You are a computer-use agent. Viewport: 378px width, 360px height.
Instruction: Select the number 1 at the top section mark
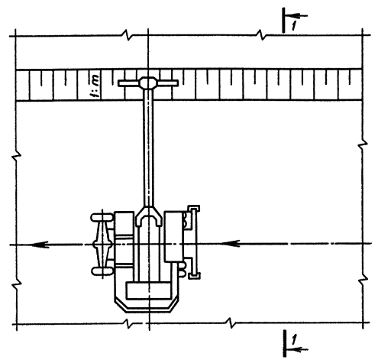tap(294, 26)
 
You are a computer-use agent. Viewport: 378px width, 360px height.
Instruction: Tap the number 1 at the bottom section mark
tap(294, 340)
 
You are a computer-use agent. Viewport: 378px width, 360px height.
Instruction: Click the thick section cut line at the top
tap(283, 20)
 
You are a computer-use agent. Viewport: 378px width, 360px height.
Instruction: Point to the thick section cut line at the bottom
tap(285, 343)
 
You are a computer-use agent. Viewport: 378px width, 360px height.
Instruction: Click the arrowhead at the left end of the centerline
tap(40, 245)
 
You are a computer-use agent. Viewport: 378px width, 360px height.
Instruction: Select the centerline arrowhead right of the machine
tap(231, 244)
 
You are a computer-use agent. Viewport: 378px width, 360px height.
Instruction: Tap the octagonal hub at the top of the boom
tap(147, 83)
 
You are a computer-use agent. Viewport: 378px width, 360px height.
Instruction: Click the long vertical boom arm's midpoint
tap(148, 148)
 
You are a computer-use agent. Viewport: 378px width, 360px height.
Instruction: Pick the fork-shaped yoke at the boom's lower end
tap(149, 216)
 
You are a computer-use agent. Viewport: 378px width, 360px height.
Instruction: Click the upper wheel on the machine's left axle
tap(102, 217)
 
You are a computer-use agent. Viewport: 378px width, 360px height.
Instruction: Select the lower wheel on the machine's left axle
tap(102, 271)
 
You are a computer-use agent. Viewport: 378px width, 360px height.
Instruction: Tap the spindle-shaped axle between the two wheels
tap(102, 244)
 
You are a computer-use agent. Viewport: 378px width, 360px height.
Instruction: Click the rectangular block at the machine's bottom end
tap(148, 290)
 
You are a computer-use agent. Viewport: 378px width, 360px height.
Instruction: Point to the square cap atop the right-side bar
tap(194, 209)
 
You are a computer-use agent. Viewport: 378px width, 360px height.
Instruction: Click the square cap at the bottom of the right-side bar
tap(194, 275)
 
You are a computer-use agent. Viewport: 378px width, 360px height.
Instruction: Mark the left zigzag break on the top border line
tap(128, 35)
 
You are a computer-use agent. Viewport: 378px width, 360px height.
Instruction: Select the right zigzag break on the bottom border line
tap(230, 323)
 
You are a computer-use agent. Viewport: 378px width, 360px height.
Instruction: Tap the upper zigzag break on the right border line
tap(363, 144)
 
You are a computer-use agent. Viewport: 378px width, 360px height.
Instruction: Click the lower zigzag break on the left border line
tap(16, 283)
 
